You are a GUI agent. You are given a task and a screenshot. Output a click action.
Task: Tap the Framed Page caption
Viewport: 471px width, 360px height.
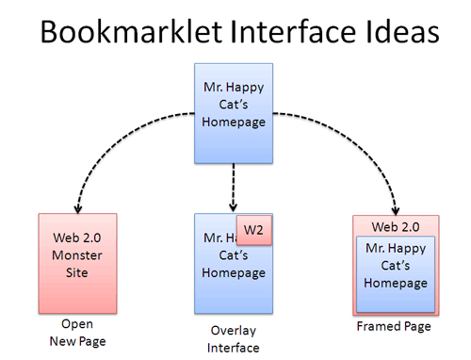pos(394,327)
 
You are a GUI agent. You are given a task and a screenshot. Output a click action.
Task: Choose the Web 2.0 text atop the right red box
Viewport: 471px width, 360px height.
pos(394,227)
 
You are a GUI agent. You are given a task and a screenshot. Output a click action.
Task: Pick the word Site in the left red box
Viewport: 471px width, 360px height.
pos(77,274)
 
